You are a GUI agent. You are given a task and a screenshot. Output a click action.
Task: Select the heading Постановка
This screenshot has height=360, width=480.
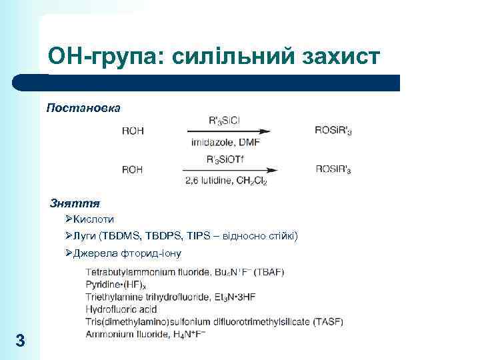[83, 107]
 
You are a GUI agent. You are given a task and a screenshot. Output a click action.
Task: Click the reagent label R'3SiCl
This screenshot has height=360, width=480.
[224, 121]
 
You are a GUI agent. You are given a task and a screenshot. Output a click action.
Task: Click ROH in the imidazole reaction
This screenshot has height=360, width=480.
[133, 131]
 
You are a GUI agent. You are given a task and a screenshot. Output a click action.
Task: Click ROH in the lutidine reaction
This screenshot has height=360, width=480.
[133, 169]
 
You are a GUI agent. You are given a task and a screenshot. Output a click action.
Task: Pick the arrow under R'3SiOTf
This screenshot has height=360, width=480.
[230, 170]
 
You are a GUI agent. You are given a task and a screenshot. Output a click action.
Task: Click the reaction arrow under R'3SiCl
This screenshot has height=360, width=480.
[230, 131]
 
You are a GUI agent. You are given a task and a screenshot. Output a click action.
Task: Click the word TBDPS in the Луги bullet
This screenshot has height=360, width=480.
[159, 235]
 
